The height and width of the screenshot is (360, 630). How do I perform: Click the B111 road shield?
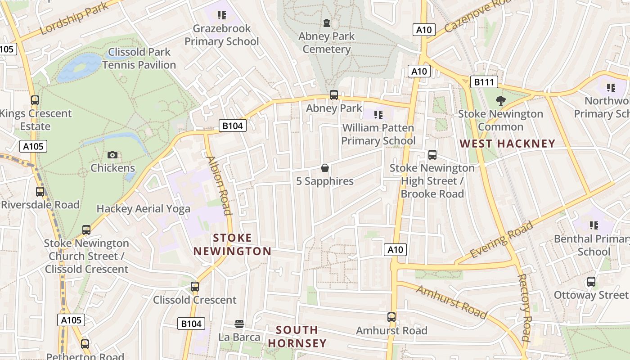[484, 82]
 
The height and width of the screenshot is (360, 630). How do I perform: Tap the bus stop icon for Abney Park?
[333, 95]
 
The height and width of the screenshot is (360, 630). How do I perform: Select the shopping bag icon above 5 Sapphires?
[324, 168]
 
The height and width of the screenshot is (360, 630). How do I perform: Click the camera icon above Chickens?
[112, 155]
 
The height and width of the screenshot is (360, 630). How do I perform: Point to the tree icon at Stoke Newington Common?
[500, 100]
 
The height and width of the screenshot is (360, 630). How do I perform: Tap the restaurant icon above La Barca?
[239, 324]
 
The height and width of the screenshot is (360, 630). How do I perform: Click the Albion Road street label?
[219, 185]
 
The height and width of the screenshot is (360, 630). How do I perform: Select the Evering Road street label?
[501, 240]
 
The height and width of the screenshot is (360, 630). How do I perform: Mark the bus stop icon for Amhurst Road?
[391, 317]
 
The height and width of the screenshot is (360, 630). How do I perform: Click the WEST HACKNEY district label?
[507, 144]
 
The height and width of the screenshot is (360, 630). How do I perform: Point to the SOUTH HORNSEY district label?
[297, 337]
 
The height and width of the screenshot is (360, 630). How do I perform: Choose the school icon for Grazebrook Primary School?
[221, 16]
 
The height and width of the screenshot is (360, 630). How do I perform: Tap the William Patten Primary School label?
[378, 134]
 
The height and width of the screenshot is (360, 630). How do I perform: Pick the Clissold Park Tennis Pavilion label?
[139, 58]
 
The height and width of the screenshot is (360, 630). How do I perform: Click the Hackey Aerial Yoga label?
[143, 209]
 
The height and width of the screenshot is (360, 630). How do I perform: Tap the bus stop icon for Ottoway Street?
[591, 282]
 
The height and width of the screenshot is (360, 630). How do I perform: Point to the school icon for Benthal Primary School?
[594, 225]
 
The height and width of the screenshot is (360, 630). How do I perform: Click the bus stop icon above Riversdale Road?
[40, 192]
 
